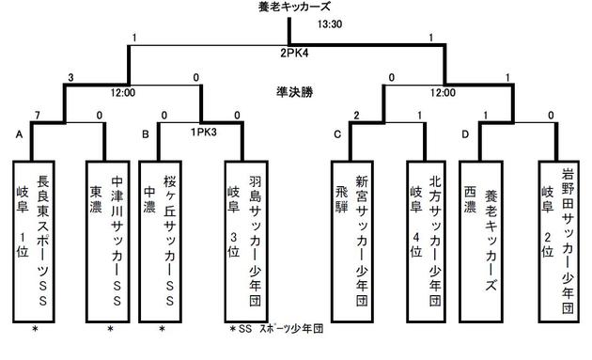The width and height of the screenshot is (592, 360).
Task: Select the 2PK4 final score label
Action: point(296,54)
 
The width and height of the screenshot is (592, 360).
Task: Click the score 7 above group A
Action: point(38,115)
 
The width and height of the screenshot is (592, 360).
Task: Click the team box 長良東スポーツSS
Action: point(38,239)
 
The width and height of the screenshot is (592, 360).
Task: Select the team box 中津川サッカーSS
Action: point(110,239)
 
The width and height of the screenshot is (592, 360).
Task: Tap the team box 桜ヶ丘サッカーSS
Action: point(164,239)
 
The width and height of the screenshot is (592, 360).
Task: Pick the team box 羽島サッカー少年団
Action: point(243,239)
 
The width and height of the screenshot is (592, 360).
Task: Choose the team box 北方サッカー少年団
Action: point(425,239)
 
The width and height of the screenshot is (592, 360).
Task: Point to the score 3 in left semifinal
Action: point(71,78)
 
